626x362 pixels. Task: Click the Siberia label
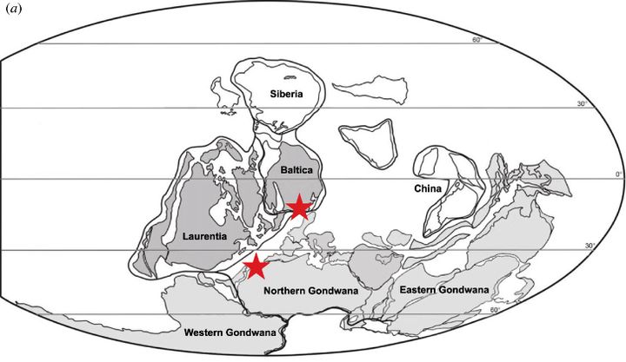(x=285, y=94)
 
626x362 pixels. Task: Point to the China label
(x=428, y=188)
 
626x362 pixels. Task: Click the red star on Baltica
(x=298, y=207)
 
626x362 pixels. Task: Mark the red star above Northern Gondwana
(x=255, y=266)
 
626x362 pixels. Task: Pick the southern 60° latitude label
(x=496, y=310)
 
